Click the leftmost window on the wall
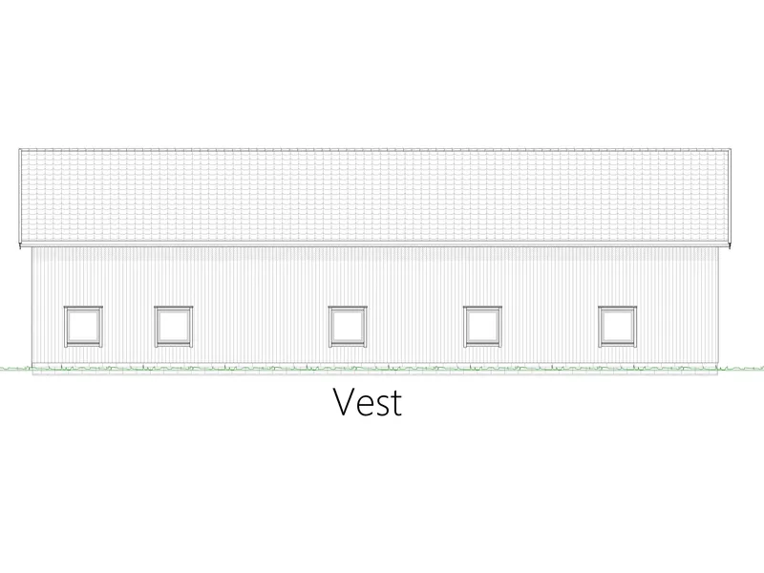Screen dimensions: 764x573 [83, 327]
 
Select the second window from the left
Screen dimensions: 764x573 [174, 327]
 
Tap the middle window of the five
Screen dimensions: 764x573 [348, 327]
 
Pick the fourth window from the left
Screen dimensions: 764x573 [482, 327]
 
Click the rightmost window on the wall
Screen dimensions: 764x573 [617, 327]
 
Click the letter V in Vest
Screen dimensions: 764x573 [345, 402]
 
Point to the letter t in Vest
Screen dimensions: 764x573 [396, 404]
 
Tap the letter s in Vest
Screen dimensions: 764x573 [383, 407]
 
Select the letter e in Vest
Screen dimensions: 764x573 [366, 407]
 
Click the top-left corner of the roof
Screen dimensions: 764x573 [19, 149]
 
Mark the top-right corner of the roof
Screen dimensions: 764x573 [731, 149]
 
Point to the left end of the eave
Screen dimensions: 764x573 [20, 244]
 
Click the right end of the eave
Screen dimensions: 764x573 [731, 244]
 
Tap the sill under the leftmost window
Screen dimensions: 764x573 [83, 345]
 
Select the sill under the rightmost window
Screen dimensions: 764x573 [617, 345]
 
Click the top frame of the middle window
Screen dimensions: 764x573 [348, 308]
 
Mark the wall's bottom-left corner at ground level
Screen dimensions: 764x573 [32, 369]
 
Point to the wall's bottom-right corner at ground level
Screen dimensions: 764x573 [718, 369]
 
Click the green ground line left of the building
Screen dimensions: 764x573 [15, 369]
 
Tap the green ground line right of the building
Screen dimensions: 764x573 [741, 369]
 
